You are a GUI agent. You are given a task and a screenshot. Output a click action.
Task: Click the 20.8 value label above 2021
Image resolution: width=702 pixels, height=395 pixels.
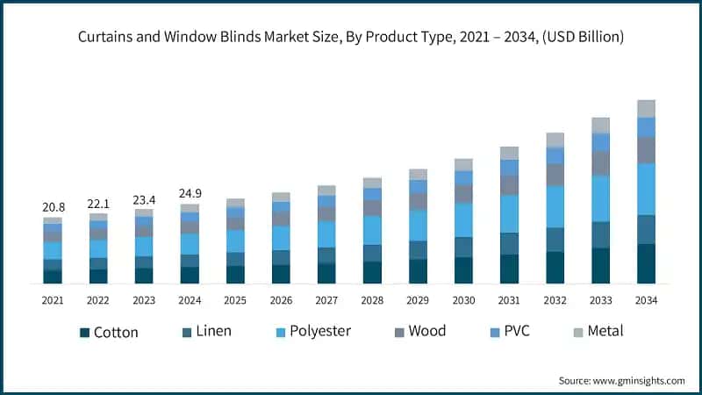click(x=53, y=206)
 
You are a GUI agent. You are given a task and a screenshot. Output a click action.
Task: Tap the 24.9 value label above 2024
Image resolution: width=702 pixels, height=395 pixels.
click(x=190, y=192)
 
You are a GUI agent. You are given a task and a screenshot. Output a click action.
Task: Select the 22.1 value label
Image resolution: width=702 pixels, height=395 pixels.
click(x=98, y=203)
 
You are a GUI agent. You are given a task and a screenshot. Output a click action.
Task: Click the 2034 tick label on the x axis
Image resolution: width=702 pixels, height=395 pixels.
click(x=647, y=300)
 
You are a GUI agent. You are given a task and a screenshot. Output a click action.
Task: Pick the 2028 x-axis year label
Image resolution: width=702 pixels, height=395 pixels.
click(x=372, y=300)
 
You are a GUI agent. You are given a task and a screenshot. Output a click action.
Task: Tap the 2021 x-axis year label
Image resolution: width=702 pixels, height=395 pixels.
click(x=53, y=300)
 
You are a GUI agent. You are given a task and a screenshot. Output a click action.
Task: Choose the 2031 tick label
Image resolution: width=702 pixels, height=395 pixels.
click(x=510, y=300)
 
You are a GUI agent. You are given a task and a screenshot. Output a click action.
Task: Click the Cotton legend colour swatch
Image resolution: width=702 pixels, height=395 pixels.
click(x=84, y=333)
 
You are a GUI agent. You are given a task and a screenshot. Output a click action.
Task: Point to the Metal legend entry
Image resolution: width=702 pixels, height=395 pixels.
click(x=605, y=331)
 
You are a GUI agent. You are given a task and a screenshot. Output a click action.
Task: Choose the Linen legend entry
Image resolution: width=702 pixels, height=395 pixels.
click(x=213, y=331)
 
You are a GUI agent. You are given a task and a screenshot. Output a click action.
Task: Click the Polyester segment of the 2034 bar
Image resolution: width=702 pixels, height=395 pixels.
click(x=647, y=189)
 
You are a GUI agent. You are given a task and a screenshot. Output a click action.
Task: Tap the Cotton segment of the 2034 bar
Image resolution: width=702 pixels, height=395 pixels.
click(x=647, y=263)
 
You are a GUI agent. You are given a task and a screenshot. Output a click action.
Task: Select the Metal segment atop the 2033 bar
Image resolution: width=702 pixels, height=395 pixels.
click(x=601, y=125)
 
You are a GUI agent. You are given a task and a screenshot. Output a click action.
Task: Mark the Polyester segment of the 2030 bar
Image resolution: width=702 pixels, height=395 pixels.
click(x=464, y=219)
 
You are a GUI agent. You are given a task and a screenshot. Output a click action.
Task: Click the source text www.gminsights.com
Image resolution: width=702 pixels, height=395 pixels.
click(x=639, y=380)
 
